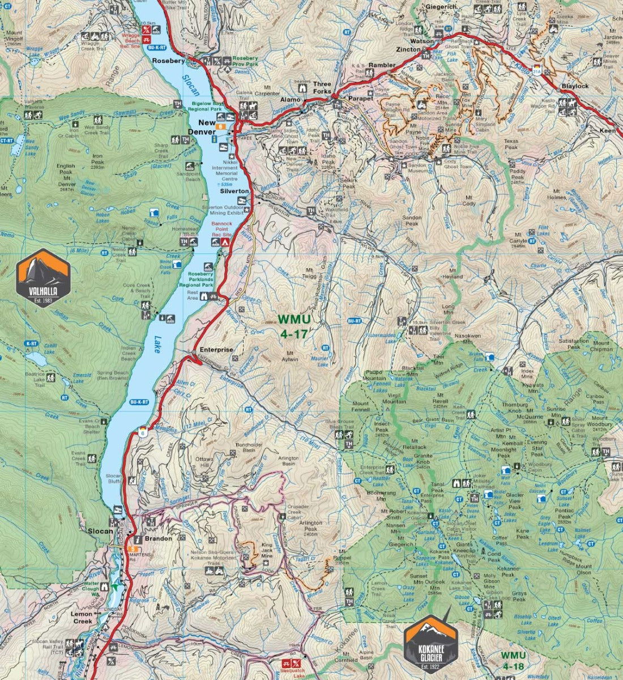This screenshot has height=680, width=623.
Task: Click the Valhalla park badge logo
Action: tap(44, 275)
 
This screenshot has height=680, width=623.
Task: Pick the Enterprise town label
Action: tap(216, 350)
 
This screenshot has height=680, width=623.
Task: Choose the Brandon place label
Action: tap(158, 538)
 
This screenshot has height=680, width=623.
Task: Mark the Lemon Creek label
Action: tap(82, 617)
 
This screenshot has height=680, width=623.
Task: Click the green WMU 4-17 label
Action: tap(293, 328)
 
